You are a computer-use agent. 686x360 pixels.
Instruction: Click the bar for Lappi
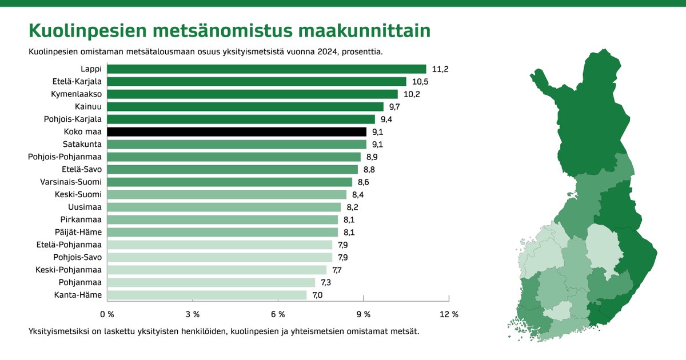click(266, 69)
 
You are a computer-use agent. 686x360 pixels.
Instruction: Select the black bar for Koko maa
click(237, 132)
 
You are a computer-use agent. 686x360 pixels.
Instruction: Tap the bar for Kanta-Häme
click(206, 295)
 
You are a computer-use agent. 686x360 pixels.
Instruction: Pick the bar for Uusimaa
click(224, 207)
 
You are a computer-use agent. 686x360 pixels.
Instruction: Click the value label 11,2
click(440, 69)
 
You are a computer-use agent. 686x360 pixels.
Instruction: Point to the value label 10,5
click(420, 82)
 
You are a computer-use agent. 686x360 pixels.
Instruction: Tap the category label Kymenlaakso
click(76, 94)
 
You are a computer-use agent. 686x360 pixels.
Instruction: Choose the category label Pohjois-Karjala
click(73, 119)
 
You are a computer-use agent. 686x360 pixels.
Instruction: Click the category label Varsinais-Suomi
click(71, 182)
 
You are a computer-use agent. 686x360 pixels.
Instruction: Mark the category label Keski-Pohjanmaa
click(69, 270)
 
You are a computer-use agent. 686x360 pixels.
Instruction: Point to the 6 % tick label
click(278, 314)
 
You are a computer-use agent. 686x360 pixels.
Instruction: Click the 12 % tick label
click(449, 314)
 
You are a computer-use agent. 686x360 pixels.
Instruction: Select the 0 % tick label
click(107, 314)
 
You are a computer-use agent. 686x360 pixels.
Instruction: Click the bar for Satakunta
click(237, 145)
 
